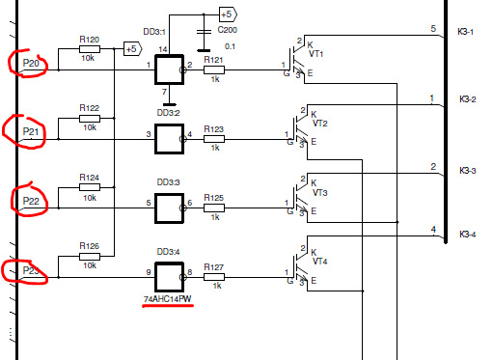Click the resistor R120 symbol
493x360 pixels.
pos(90,49)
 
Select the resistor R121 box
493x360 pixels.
pos(214,69)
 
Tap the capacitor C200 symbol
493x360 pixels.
pos(204,32)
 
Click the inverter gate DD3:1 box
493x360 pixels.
pos(169,69)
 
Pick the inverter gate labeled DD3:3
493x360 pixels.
pos(169,208)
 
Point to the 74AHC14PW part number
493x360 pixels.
pos(168,299)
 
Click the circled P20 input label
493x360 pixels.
pos(31,63)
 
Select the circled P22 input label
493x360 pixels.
pos(31,201)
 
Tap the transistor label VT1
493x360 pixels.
pos(315,53)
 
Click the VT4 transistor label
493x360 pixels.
pos(319,261)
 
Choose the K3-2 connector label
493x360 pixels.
pos(468,99)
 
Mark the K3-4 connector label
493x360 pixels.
pos(468,235)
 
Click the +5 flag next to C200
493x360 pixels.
pos(228,14)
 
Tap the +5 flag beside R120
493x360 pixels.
pos(132,49)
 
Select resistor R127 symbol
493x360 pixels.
pos(214,277)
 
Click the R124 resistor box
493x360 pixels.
pos(90,187)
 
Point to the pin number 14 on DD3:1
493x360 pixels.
pos(163,49)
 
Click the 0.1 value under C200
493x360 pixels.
pos(230,46)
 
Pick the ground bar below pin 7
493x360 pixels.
pos(169,104)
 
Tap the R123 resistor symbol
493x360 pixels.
pos(214,139)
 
